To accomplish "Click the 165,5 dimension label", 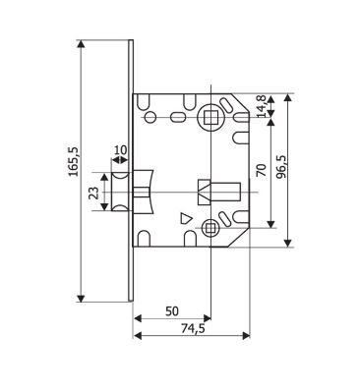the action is click(x=74, y=162).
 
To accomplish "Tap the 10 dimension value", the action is click(x=120, y=150).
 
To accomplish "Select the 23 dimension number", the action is click(x=94, y=193).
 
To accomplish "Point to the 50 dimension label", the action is click(x=172, y=311).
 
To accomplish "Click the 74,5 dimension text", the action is click(x=193, y=328).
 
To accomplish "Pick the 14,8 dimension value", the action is click(x=262, y=106).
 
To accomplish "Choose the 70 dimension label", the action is click(x=262, y=170).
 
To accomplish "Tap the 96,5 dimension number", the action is click(x=281, y=166).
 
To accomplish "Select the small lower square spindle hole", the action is click(x=210, y=227).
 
